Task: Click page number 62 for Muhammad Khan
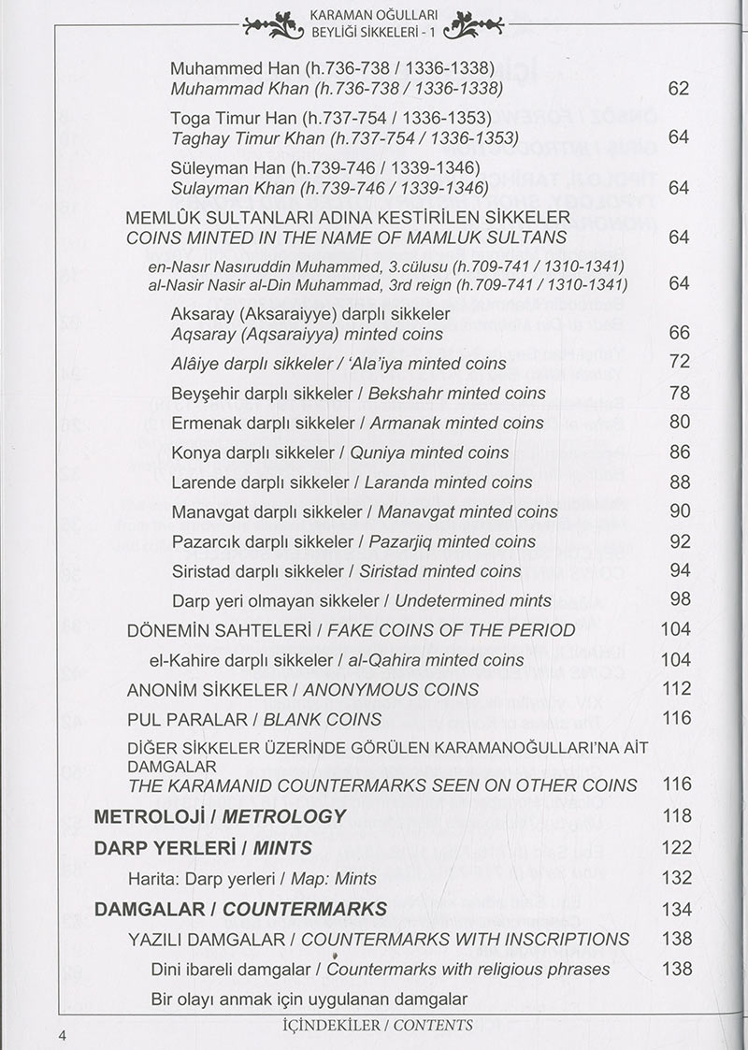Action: pos(679,89)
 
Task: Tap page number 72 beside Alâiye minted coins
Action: pos(680,362)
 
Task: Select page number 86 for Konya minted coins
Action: pos(680,452)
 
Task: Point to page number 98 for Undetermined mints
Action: pos(680,599)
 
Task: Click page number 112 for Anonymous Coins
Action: pos(675,688)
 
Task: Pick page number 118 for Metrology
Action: pos(676,815)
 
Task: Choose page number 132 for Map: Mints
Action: pos(676,878)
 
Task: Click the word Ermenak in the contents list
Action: pos(204,423)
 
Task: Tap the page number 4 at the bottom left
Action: pos(63,1034)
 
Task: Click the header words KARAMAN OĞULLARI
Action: pos(373,16)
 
